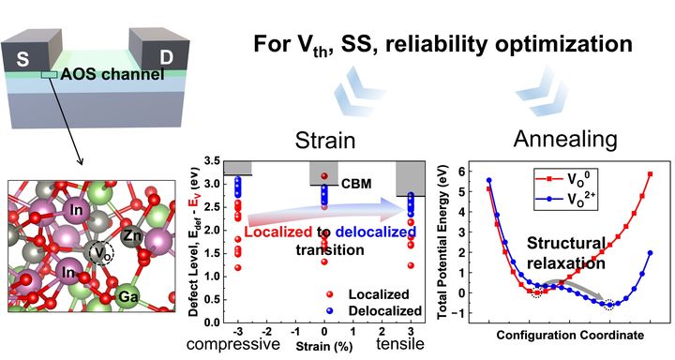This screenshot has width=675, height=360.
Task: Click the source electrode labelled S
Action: pos(30,53)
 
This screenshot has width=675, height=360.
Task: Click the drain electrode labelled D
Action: pos(160,51)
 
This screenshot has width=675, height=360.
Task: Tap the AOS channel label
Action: pos(112,74)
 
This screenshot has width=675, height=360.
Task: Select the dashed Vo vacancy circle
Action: pos(101,253)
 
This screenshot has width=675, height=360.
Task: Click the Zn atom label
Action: pos(132,235)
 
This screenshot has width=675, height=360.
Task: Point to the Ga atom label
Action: pos(128,296)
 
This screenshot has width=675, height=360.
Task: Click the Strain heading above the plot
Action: pos(325,141)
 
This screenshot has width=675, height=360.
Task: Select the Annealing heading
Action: pos(565,139)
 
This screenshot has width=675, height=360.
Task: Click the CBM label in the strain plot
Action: pos(355,184)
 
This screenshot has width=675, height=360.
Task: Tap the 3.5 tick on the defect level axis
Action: pos(211,161)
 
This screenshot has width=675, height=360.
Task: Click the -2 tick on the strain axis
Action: pos(266,331)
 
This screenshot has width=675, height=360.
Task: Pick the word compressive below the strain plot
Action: pos(232,344)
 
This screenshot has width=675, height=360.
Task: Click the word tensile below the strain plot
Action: pos(400,344)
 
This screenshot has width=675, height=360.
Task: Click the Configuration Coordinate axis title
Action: pos(570,335)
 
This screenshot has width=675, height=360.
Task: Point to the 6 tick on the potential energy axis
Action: pos(459,171)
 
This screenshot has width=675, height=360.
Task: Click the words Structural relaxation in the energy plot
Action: pos(566,253)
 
